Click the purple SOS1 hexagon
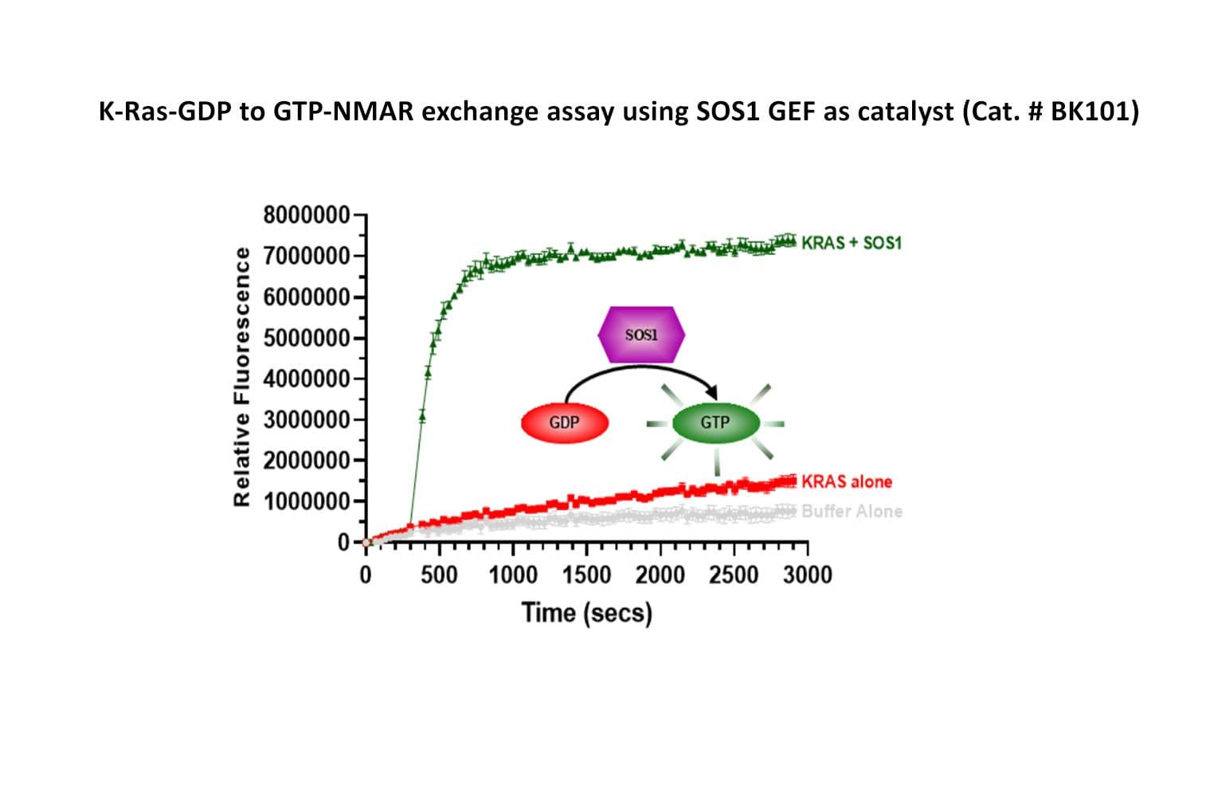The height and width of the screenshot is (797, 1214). [x=641, y=335]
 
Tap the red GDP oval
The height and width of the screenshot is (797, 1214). [x=565, y=422]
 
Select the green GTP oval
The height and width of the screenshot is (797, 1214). [x=715, y=422]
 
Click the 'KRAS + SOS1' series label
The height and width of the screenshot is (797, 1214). [x=852, y=242]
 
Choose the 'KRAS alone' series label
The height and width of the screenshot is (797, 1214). [x=847, y=481]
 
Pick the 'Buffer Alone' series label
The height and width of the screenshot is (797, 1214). [x=852, y=511]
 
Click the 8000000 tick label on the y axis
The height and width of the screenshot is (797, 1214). [x=306, y=215]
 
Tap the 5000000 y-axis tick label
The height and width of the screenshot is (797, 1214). [x=306, y=338]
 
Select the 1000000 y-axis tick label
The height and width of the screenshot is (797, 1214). [x=306, y=501]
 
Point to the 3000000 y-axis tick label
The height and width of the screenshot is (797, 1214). [x=306, y=420]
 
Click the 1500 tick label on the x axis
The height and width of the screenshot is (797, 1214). [x=586, y=575]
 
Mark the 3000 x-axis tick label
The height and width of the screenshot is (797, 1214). [x=807, y=575]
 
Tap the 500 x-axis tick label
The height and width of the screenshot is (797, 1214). [x=439, y=575]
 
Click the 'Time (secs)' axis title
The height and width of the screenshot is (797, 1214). [x=587, y=613]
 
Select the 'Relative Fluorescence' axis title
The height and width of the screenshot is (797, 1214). [x=241, y=377]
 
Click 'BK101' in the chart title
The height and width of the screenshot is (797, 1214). [x=1091, y=112]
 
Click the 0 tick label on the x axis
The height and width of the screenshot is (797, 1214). [x=366, y=575]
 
